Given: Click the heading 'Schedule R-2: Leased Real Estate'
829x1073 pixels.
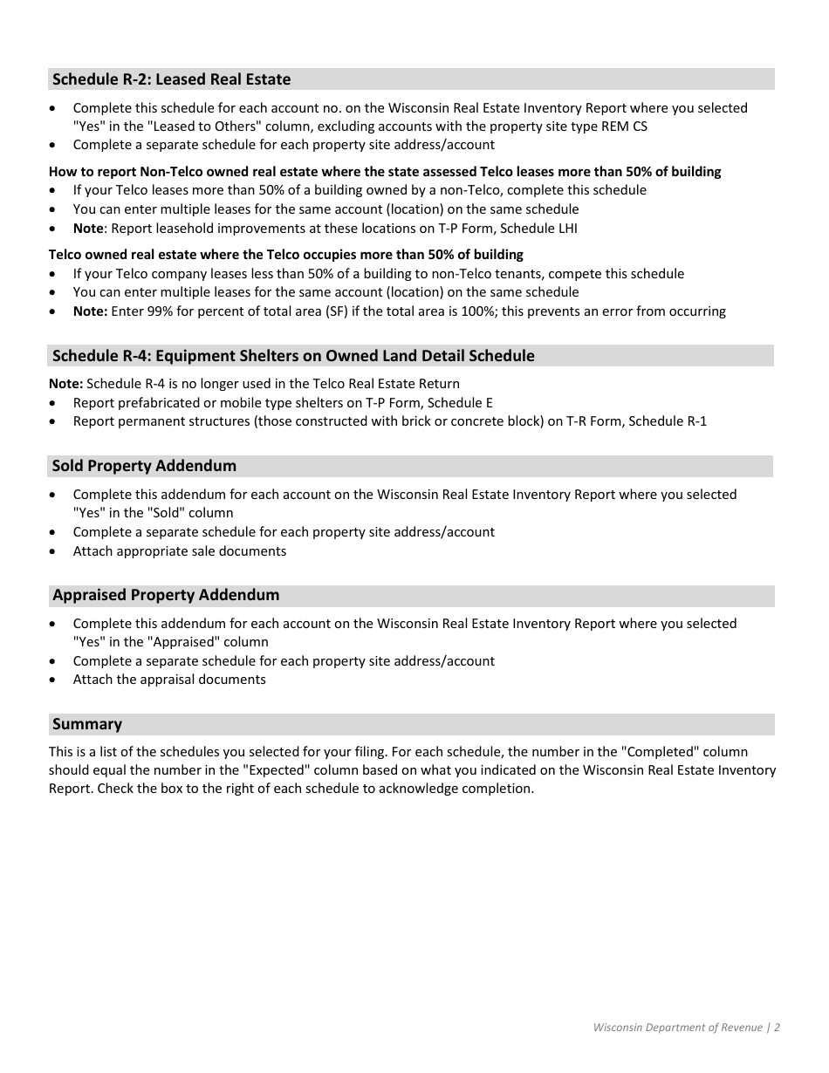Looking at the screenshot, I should tap(171, 79).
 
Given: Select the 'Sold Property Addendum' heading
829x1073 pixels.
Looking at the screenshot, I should tap(144, 466).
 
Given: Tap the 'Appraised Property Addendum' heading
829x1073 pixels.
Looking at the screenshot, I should tap(166, 595).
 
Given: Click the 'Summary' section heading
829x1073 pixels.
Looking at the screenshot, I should tap(87, 724).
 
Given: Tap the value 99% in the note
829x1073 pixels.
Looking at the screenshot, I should tap(165, 311).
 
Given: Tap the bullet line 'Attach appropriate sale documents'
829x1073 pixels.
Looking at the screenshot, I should tap(180, 551).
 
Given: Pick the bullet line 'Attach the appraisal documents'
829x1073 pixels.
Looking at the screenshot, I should tap(169, 680).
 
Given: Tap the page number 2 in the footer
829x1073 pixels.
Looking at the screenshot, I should tap(777, 1028).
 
